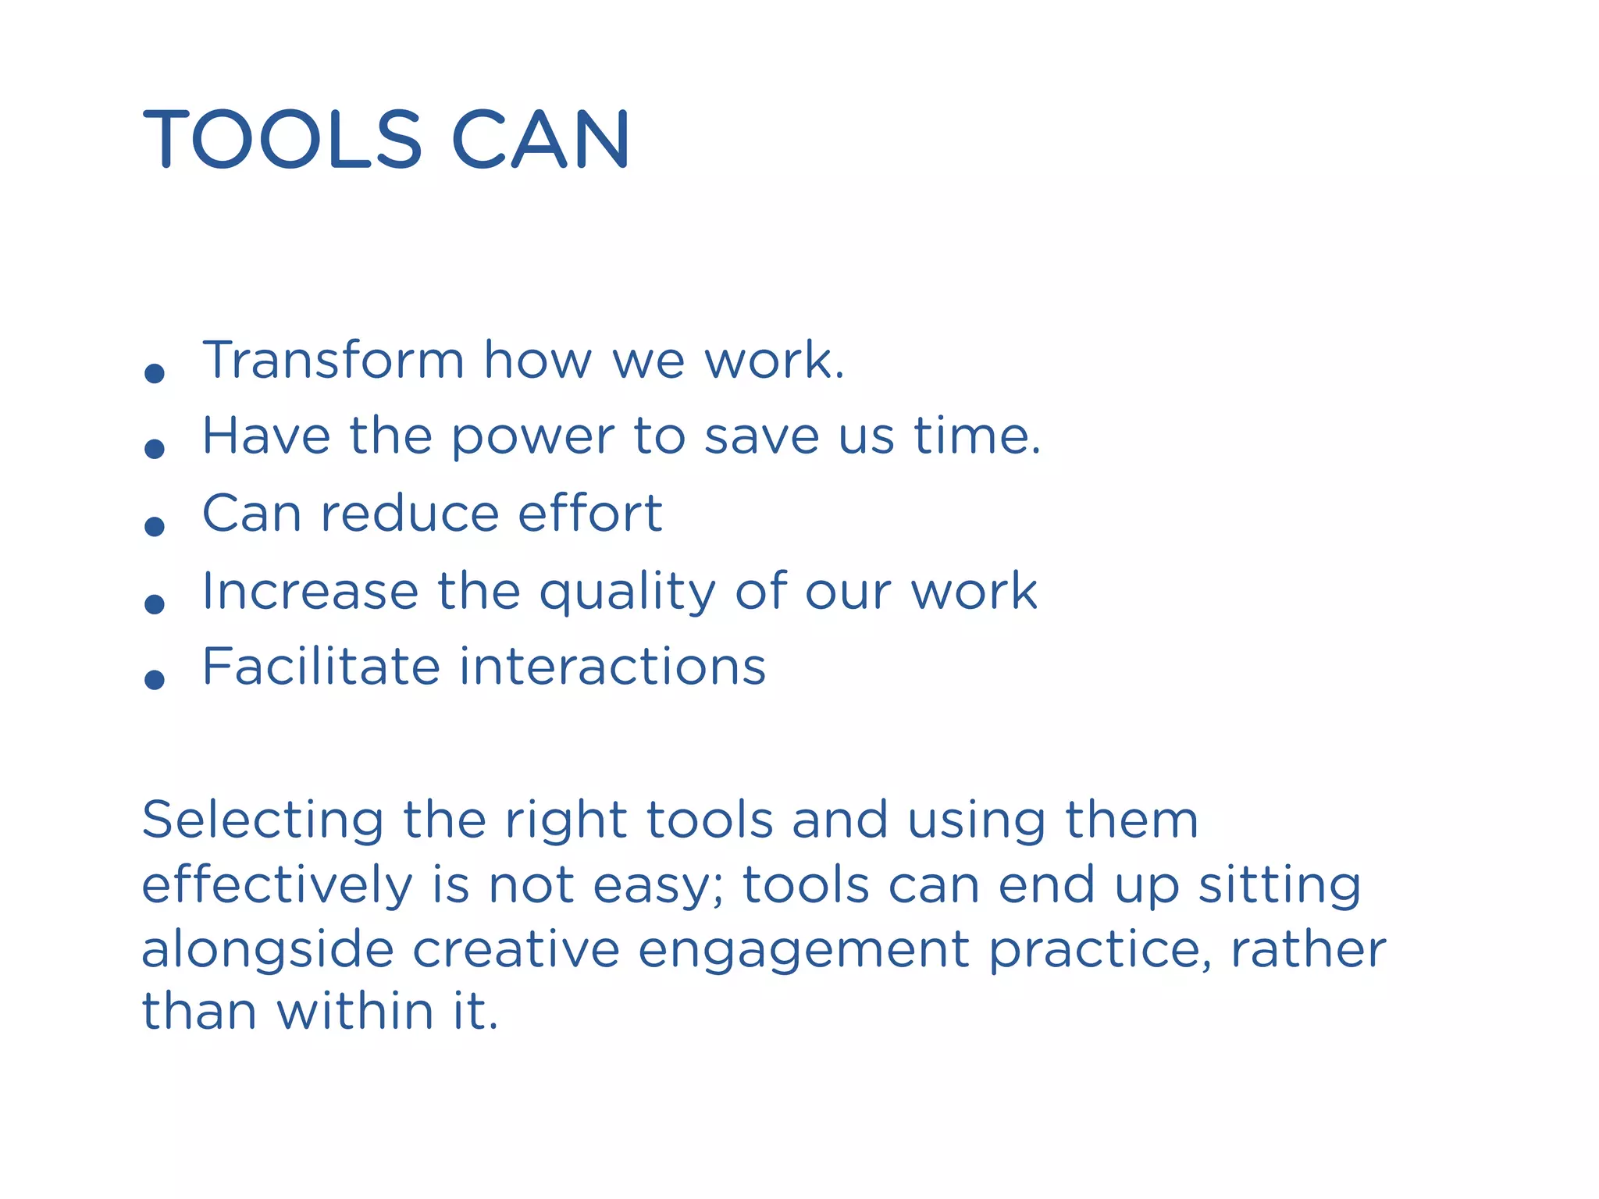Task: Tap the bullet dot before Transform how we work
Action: click(x=155, y=373)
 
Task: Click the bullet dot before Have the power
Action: click(x=155, y=449)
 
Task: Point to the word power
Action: click(x=533, y=438)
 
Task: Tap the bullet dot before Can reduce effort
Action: click(x=155, y=526)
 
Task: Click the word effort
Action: click(x=589, y=513)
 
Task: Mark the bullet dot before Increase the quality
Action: click(x=155, y=603)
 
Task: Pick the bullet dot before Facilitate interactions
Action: click(x=155, y=679)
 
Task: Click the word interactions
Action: click(x=612, y=667)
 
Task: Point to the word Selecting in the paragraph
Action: click(x=262, y=822)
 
